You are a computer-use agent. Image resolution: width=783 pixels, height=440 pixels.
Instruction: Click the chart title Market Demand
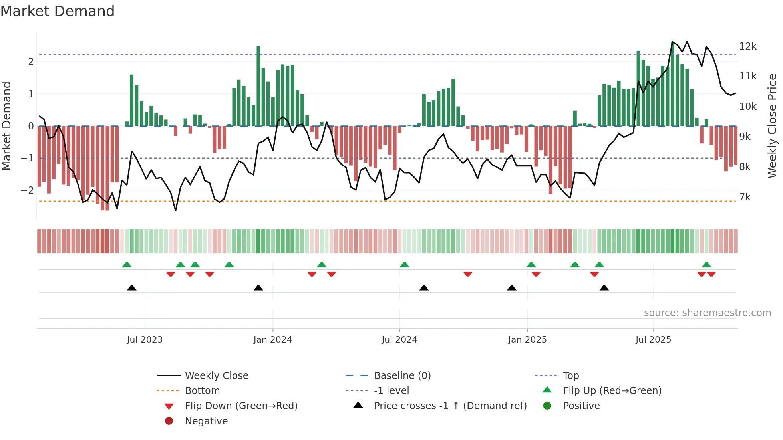tap(58, 11)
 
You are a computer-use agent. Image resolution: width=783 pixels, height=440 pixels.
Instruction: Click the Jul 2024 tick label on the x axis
tap(399, 340)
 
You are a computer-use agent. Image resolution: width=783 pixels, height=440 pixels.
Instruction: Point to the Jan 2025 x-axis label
tap(527, 340)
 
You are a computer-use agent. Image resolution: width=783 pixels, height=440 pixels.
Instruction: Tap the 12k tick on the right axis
tap(747, 46)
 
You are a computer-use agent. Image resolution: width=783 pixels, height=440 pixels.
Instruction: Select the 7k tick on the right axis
tap(745, 197)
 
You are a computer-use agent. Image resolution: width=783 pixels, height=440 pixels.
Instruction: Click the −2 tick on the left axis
tap(27, 190)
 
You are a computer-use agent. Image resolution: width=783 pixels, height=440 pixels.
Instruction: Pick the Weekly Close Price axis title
tap(772, 126)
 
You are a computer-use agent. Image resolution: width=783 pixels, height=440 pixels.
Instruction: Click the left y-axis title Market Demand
tap(6, 126)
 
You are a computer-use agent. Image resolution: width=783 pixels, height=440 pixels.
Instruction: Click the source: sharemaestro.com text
tap(707, 313)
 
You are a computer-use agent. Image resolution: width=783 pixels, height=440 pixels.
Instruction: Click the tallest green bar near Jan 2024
tap(258, 86)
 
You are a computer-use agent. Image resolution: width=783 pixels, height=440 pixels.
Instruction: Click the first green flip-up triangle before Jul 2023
tap(127, 265)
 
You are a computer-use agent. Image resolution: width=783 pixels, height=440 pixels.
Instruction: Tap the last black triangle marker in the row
tap(604, 288)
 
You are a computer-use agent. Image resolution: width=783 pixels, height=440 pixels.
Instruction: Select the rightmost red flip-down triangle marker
tap(711, 274)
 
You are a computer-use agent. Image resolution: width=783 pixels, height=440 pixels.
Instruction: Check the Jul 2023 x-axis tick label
tap(145, 340)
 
